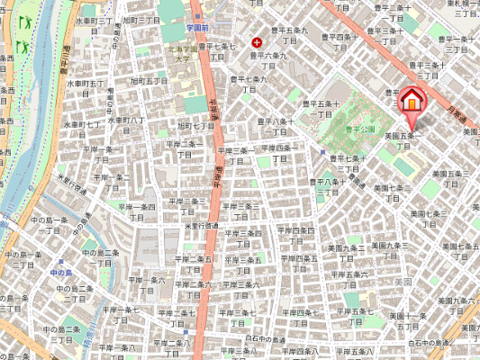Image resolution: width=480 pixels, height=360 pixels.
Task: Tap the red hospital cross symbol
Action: (x=259, y=42)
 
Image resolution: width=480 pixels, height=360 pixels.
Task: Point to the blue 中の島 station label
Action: (x=60, y=272)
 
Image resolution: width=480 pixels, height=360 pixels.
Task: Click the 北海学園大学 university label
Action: (x=187, y=54)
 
